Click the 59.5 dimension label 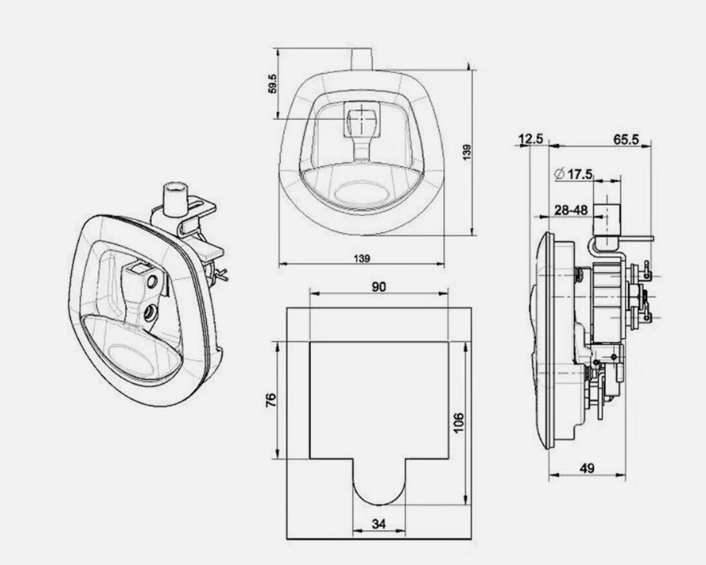click(x=272, y=84)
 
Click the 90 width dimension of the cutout click(x=379, y=288)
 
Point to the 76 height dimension click(x=270, y=400)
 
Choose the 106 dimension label click(x=459, y=423)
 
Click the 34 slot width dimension click(x=379, y=522)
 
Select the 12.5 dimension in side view click(x=531, y=139)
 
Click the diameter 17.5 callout click(x=573, y=173)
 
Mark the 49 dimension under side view click(x=586, y=468)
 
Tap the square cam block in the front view click(x=361, y=121)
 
